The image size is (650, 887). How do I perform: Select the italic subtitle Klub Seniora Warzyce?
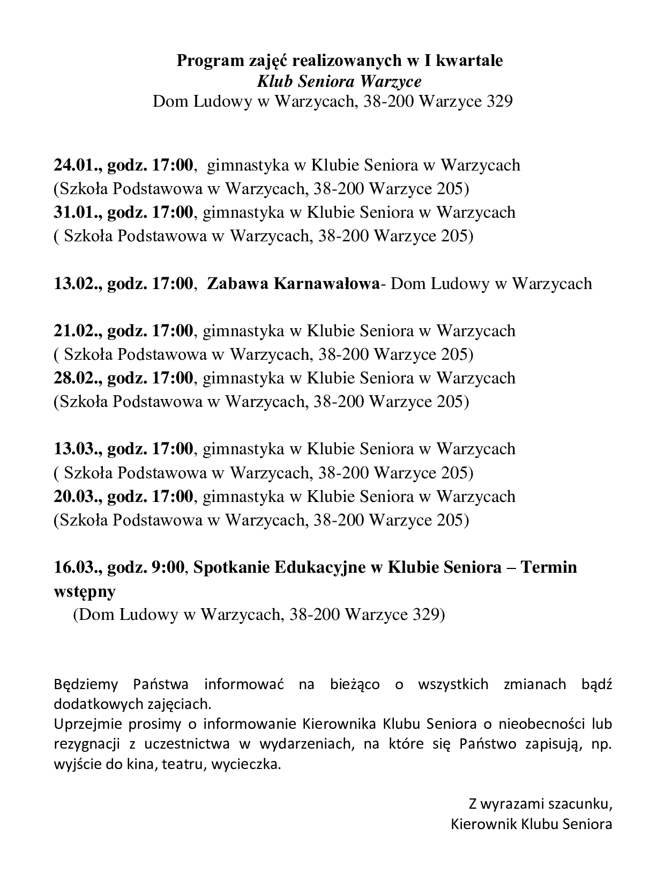[339, 81]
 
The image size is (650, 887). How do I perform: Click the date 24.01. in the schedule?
[75, 165]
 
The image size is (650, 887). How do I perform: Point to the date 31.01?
[75, 212]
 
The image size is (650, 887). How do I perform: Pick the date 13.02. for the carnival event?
[75, 283]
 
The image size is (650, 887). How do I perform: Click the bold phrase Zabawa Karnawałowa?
[293, 283]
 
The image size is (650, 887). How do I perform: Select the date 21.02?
[75, 330]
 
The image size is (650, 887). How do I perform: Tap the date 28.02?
[75, 378]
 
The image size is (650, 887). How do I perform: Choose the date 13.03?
[75, 448]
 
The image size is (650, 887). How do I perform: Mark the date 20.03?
[75, 496]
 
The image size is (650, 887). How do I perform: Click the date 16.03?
[75, 567]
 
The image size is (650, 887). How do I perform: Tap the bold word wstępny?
[85, 592]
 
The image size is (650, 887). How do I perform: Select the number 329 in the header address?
[499, 101]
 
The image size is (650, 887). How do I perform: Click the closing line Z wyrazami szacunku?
[540, 803]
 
